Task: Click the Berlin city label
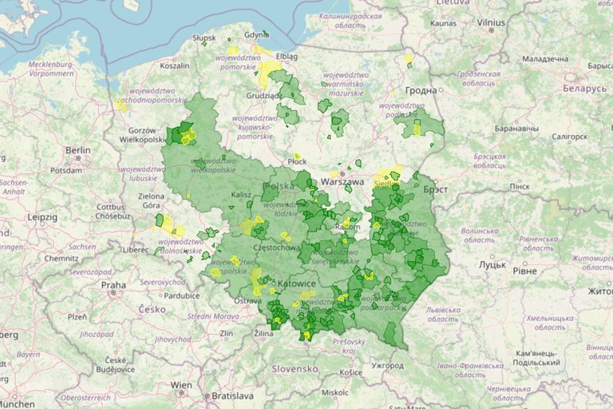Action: [77, 150]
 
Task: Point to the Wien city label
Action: [181, 385]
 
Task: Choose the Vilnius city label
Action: [491, 23]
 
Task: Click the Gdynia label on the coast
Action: [255, 35]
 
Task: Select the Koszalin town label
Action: [175, 67]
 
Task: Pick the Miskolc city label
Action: [335, 392]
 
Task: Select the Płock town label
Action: [297, 161]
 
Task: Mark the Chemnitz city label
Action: [62, 259]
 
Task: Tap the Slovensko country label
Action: [295, 368]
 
